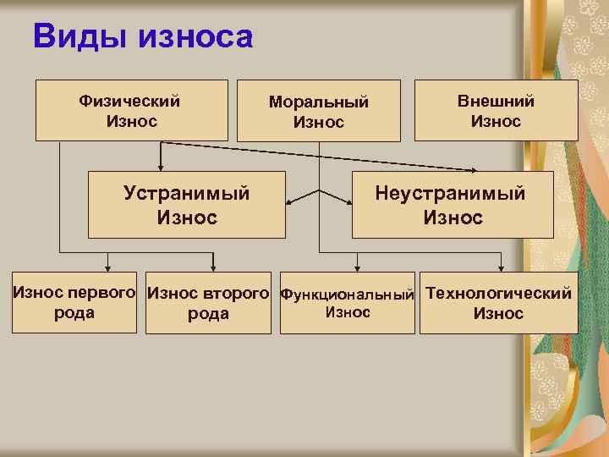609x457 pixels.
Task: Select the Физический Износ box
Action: (x=131, y=110)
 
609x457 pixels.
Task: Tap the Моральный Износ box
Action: (x=319, y=111)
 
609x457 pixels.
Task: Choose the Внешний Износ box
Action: (x=497, y=110)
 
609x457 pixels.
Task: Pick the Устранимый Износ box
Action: (x=187, y=205)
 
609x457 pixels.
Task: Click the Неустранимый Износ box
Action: (x=453, y=205)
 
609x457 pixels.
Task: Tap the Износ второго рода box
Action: (x=208, y=303)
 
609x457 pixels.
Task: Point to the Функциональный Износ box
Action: (x=347, y=303)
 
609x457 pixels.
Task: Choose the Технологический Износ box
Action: (x=498, y=303)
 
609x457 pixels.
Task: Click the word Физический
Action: (x=129, y=101)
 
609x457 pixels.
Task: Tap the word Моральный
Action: (x=319, y=102)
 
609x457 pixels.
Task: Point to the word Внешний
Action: (x=497, y=101)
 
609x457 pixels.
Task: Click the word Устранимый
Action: (x=187, y=193)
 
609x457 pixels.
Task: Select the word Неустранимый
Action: (x=451, y=193)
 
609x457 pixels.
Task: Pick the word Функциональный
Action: (x=347, y=295)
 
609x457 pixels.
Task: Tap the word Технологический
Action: (x=498, y=294)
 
